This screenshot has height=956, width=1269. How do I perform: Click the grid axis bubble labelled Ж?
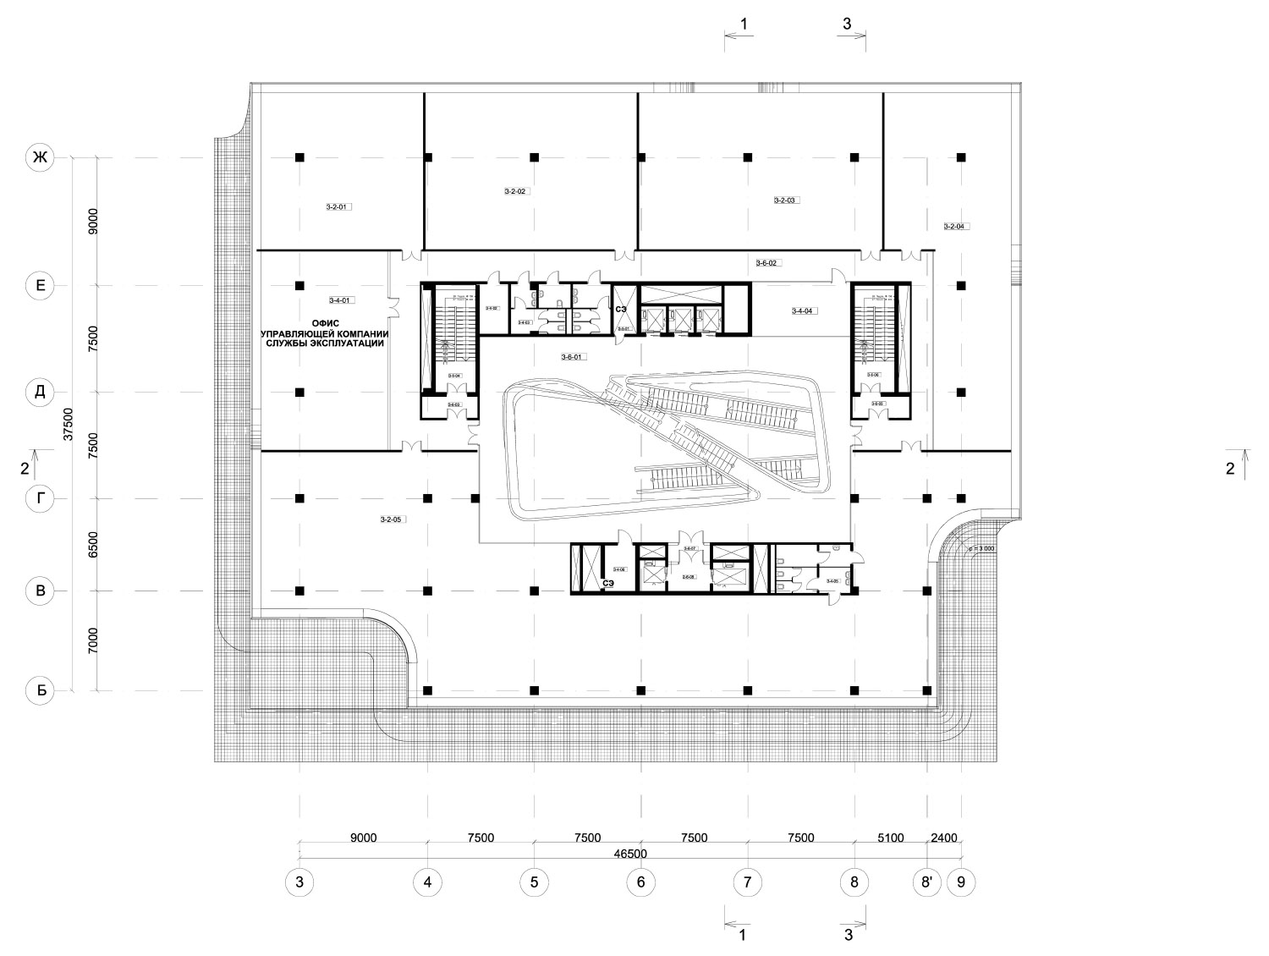pos(40,157)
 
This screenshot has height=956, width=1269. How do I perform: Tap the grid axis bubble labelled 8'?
pos(927,882)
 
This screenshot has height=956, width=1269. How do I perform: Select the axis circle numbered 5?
pos(534,882)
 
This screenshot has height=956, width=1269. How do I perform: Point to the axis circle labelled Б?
pos(40,690)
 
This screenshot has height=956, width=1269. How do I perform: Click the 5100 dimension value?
pos(890,838)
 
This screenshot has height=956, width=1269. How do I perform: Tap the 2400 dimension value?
pos(943,838)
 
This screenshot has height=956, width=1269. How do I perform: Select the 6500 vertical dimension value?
pos(94,544)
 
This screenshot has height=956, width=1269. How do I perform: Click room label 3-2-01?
pos(338,206)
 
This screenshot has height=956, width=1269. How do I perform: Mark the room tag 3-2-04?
pos(955,226)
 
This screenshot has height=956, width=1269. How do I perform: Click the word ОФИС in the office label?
pos(326,322)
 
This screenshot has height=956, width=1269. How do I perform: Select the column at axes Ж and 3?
pos(299,157)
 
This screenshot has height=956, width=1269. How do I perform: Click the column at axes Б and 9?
pos(961,690)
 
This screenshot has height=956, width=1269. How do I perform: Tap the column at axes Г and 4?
pos(428,498)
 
